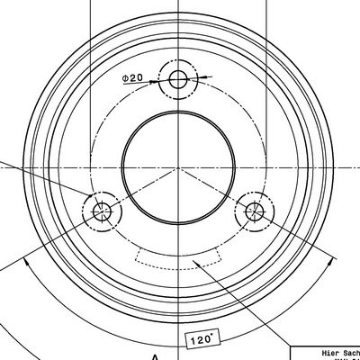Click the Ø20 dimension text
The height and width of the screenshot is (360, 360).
132,79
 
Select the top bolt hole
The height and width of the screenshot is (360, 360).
177,79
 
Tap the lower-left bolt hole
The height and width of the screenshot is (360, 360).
101,211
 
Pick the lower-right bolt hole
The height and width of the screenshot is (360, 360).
254,211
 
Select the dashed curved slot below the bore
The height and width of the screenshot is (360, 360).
176,261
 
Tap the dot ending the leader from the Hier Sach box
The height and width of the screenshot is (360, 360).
195,262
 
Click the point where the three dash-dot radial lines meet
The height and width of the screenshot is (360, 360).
177,167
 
